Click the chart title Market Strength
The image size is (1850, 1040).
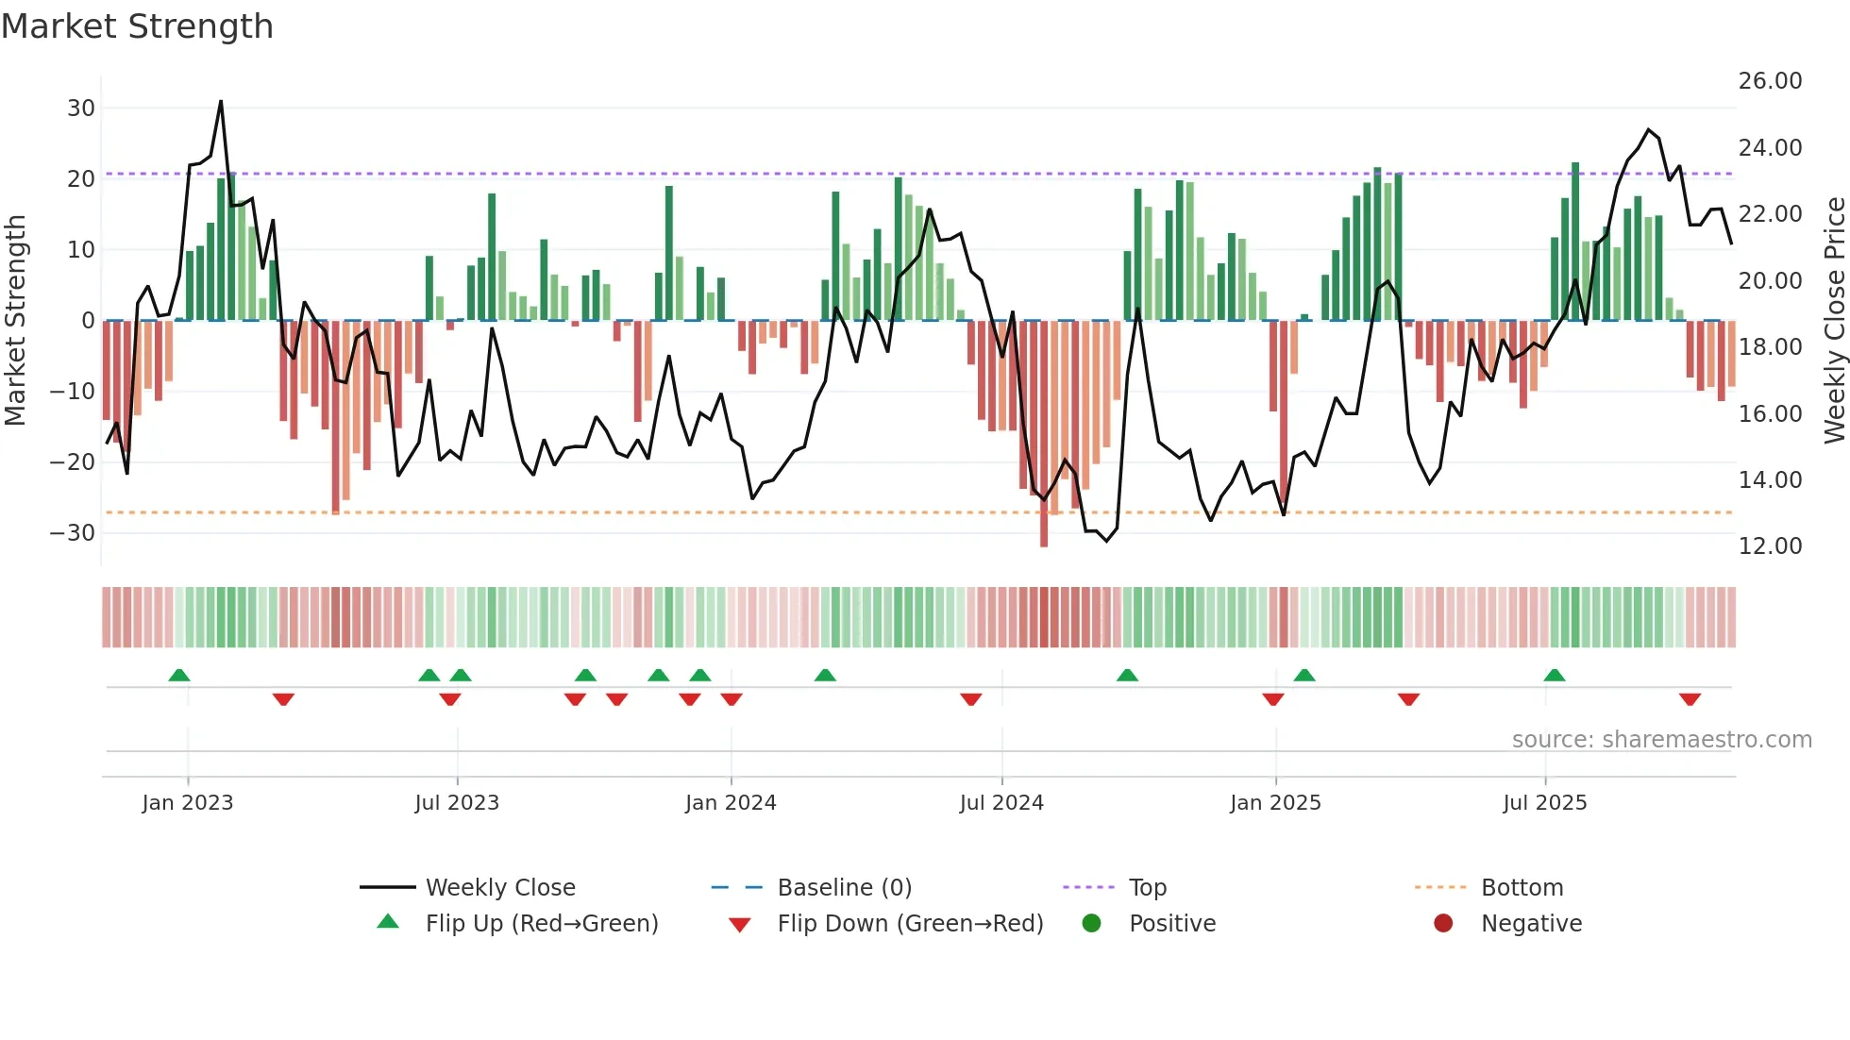(x=137, y=26)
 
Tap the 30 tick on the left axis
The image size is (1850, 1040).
(x=81, y=109)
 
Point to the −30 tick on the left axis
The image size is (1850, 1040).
(x=74, y=533)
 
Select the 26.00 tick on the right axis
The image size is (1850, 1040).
(x=1770, y=81)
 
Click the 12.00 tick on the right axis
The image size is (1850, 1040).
(x=1770, y=546)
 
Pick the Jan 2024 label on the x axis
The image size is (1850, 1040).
(x=730, y=803)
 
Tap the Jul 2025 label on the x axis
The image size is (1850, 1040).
(x=1544, y=803)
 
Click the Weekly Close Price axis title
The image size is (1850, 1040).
(x=1834, y=321)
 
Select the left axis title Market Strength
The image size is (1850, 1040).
(x=15, y=321)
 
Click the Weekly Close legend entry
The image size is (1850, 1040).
(x=499, y=888)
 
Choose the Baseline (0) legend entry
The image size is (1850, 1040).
(x=844, y=888)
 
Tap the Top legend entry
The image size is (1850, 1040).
(x=1147, y=888)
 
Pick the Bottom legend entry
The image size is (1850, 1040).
(x=1522, y=888)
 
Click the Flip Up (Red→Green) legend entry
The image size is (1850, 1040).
(x=541, y=924)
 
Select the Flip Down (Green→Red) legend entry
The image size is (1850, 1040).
(x=910, y=924)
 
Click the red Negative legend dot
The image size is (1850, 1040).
(x=1442, y=924)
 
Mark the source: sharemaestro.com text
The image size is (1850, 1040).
(x=1661, y=740)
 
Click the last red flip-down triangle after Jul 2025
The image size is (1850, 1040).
(x=1690, y=699)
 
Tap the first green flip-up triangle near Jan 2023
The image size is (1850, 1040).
(x=179, y=675)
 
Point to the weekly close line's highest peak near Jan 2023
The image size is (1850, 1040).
(x=221, y=101)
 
